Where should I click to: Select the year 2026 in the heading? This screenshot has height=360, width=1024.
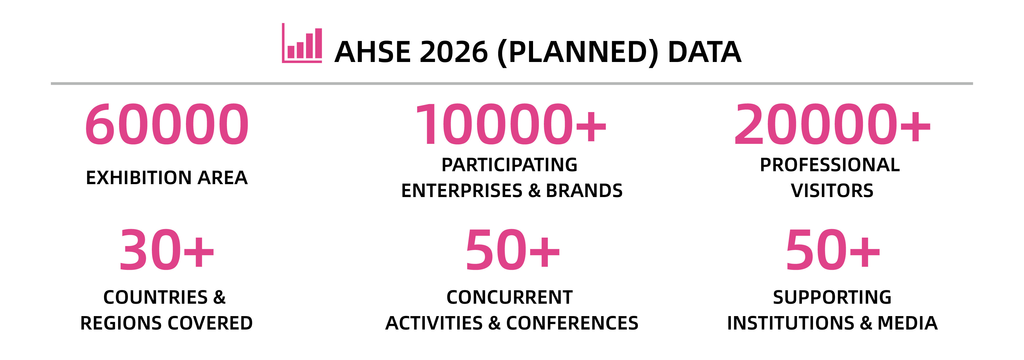pyautogui.click(x=454, y=52)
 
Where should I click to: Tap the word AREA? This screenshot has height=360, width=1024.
pyautogui.click(x=223, y=178)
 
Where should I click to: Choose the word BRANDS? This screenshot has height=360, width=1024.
pyautogui.click(x=584, y=191)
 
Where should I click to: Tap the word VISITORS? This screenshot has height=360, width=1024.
pyautogui.click(x=832, y=191)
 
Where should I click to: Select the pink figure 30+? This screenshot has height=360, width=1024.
pyautogui.click(x=167, y=250)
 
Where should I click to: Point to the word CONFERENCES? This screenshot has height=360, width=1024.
pyautogui.click(x=572, y=323)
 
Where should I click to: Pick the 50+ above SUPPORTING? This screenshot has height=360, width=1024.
pyautogui.click(x=833, y=250)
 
